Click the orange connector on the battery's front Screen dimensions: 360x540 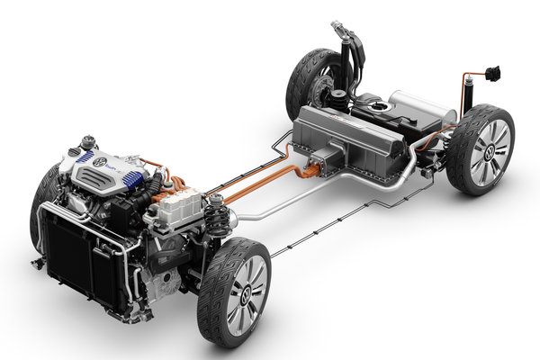pos(316,167)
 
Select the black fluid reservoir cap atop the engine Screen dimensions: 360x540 pos(89,142)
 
